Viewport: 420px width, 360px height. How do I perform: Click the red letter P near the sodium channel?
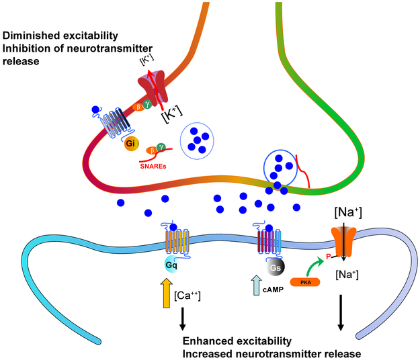tap(329, 255)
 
